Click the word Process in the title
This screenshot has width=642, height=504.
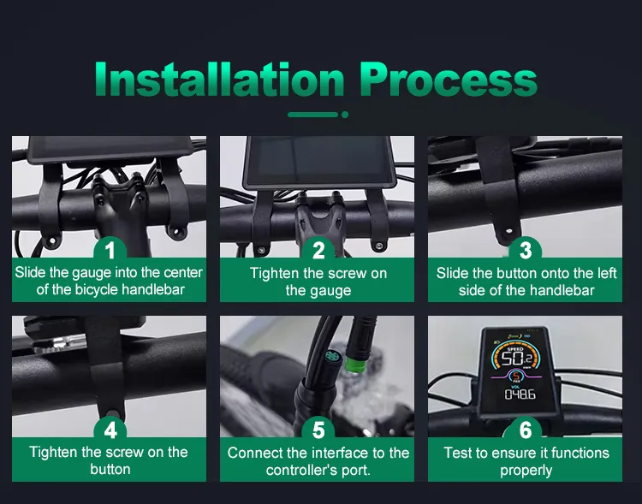[449, 80]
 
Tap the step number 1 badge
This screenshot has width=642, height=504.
[110, 250]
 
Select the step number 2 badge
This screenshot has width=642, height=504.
[318, 250]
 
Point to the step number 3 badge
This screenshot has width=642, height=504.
[526, 250]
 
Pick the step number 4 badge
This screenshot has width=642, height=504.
[110, 430]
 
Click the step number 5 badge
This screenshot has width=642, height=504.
[318, 430]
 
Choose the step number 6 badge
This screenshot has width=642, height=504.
[526, 430]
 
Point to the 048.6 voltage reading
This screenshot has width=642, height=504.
[520, 394]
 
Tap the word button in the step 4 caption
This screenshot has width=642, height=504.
[110, 469]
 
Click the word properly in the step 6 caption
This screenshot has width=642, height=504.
[526, 471]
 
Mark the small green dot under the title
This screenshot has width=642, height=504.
[345, 115]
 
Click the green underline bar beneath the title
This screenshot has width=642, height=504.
[312, 115]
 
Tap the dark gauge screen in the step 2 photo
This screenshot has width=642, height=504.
[318, 159]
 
